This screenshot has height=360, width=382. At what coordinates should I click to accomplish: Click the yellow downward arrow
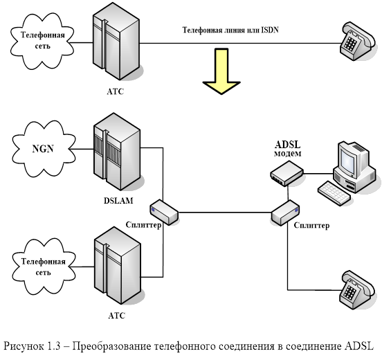(x=221, y=71)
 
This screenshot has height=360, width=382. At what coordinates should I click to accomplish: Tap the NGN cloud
(x=44, y=149)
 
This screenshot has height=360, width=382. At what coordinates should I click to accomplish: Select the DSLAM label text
(x=118, y=201)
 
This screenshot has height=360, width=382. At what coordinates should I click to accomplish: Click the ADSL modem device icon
(x=286, y=174)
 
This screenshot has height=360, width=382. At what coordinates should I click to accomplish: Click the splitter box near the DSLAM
(x=164, y=212)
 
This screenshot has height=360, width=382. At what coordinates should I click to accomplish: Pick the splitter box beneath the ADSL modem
(x=286, y=213)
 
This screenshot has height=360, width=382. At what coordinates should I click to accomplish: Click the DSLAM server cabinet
(x=117, y=152)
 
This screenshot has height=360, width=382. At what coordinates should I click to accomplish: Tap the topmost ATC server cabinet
(x=116, y=41)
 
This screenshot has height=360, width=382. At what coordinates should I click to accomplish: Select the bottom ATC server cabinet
(x=118, y=265)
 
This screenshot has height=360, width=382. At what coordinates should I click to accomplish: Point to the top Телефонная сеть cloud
(x=42, y=41)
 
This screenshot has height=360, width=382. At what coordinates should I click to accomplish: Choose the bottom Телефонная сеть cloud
(x=44, y=267)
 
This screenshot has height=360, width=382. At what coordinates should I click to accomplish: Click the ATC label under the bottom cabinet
(x=117, y=316)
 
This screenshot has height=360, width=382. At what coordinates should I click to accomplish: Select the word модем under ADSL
(x=288, y=154)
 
